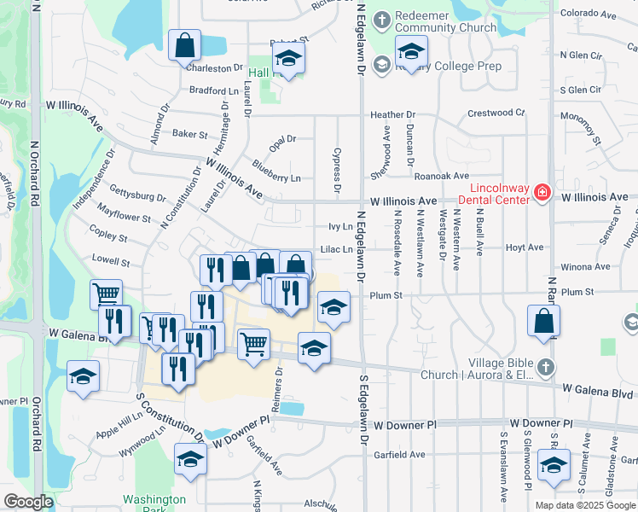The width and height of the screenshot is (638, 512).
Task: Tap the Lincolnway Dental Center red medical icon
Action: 541,194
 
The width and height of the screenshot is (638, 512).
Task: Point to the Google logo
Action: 28,503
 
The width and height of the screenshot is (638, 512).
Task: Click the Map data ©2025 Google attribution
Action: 585,505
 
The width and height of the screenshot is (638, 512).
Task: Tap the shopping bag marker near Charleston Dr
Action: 184,45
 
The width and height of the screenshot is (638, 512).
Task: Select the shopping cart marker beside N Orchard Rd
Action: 106,294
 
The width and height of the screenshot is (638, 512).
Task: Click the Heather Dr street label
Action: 392,114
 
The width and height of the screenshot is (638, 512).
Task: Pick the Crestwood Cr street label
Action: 496,113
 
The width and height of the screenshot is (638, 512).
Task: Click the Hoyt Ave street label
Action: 525,247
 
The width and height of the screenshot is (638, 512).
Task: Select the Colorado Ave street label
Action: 589,15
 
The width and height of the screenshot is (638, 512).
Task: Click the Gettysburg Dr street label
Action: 137,197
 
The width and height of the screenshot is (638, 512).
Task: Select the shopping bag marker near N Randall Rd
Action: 543,321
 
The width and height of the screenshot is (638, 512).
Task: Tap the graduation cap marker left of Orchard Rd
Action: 83,375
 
